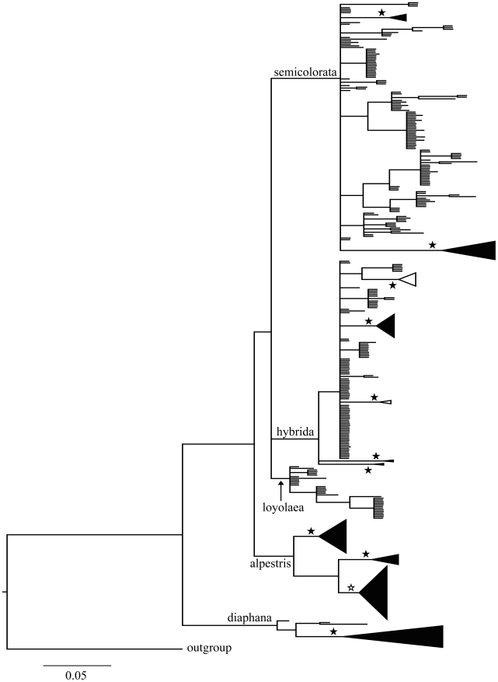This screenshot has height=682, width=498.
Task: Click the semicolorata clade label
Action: pyautogui.click(x=305, y=73)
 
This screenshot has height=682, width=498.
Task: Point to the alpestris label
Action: pyautogui.click(x=270, y=565)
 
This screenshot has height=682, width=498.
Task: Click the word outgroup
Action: pyautogui.click(x=210, y=647)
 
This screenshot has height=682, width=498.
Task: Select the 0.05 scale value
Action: pyautogui.click(x=76, y=675)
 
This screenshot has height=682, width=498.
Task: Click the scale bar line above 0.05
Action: pyautogui.click(x=76, y=665)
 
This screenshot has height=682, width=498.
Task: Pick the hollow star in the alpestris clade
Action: pyautogui.click(x=351, y=588)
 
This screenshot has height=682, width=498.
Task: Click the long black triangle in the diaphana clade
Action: pyautogui.click(x=404, y=636)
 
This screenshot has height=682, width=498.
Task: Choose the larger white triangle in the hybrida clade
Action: pyautogui.click(x=409, y=279)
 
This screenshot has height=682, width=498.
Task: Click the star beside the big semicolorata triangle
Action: pyautogui.click(x=433, y=246)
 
